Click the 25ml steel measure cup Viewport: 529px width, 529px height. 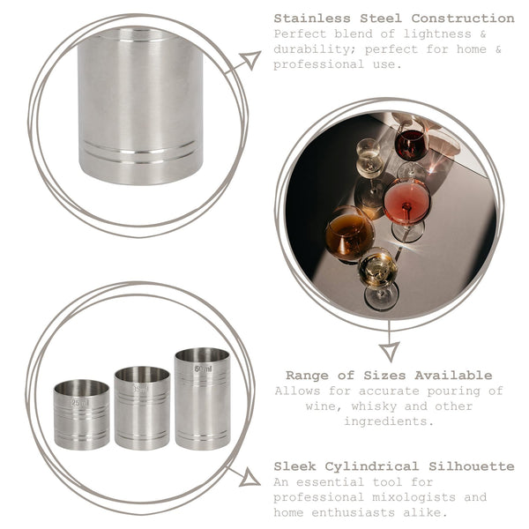coord(81,414)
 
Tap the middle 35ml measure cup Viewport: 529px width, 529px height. coord(142,407)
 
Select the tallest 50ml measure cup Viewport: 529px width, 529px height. coord(202,398)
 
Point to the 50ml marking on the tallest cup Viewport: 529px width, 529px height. coord(203,369)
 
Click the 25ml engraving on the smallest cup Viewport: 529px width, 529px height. coord(80,403)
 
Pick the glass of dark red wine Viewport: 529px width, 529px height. coord(410,143)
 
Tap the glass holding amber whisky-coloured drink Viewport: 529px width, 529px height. coord(349,235)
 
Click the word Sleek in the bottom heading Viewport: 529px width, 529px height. coord(296,466)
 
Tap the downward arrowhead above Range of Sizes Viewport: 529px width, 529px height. coord(389,351)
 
